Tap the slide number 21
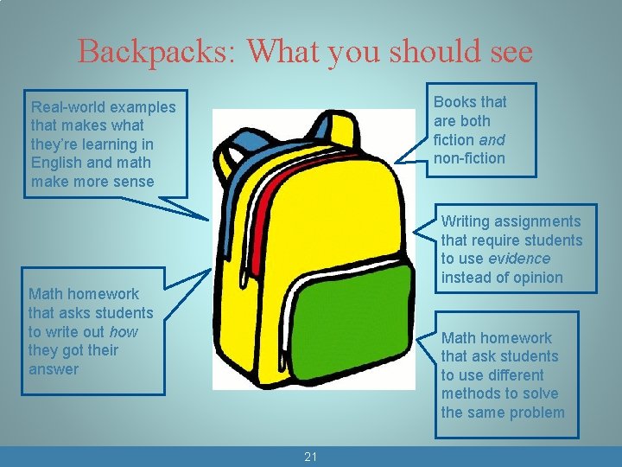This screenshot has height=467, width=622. tap(311, 457)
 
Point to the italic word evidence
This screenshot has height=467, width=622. tap(518, 259)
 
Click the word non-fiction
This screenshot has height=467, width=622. tap(469, 158)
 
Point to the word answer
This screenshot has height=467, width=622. tap(54, 369)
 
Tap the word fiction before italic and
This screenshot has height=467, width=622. tap(455, 140)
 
